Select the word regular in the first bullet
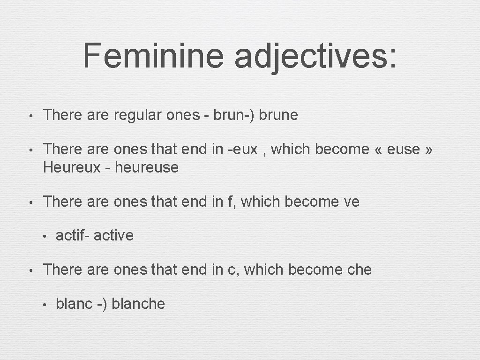pos(137,115)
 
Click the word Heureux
pos(71,167)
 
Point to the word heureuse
pos(147,167)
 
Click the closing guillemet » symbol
pos(428,150)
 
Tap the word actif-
pos(73,235)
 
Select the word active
pos(113,235)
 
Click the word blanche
pos(138,304)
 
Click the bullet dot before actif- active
pos(43,236)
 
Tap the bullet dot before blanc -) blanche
pos(43,305)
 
